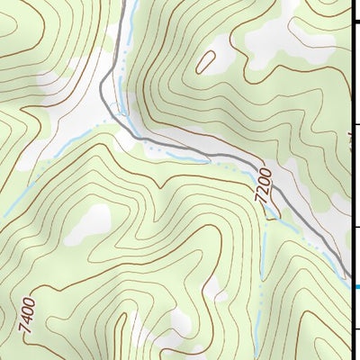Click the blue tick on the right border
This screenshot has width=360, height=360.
(355, 287)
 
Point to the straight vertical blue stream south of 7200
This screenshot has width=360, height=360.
(262, 261)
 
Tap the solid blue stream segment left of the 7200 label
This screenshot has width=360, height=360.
(225, 162)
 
